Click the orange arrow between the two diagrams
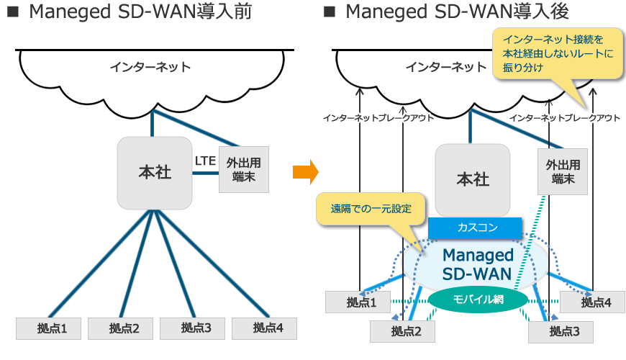pos(305,172)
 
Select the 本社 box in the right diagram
pos(473,179)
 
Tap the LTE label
pos(205,161)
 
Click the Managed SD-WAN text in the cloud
pos(478,264)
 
